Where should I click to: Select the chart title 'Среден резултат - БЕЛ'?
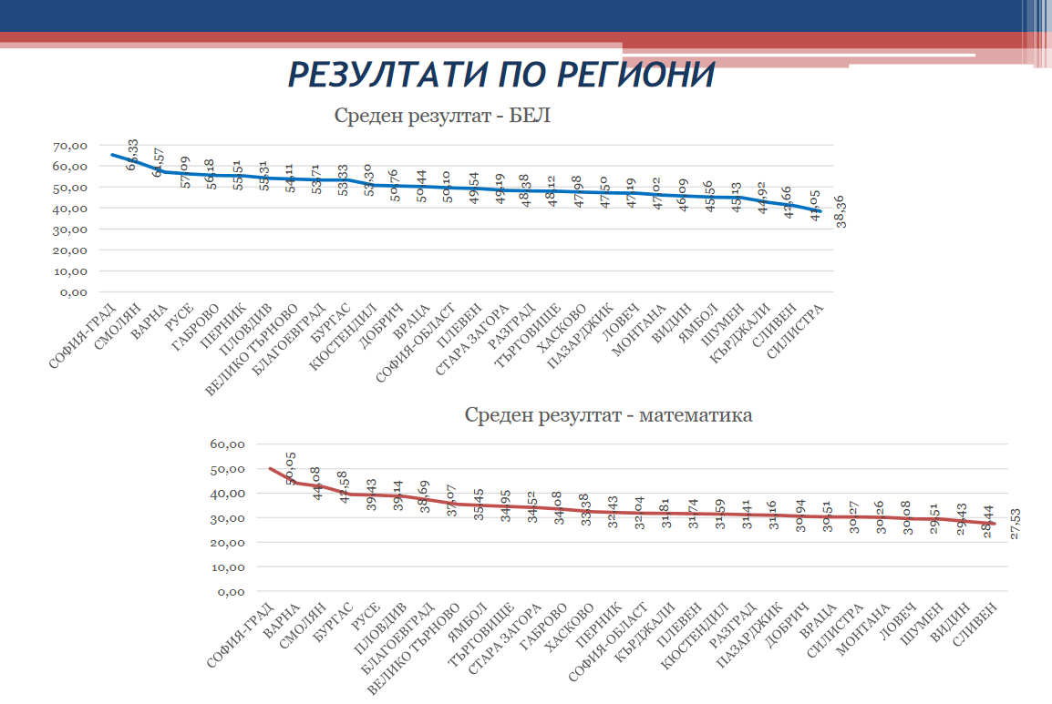(443, 117)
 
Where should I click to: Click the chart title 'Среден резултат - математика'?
(608, 415)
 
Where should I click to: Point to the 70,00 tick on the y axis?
(70, 146)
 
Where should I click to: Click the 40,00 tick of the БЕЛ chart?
(70, 209)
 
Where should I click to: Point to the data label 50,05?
(291, 470)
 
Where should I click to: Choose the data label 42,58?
(343, 487)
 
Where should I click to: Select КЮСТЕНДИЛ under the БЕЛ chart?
(344, 337)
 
